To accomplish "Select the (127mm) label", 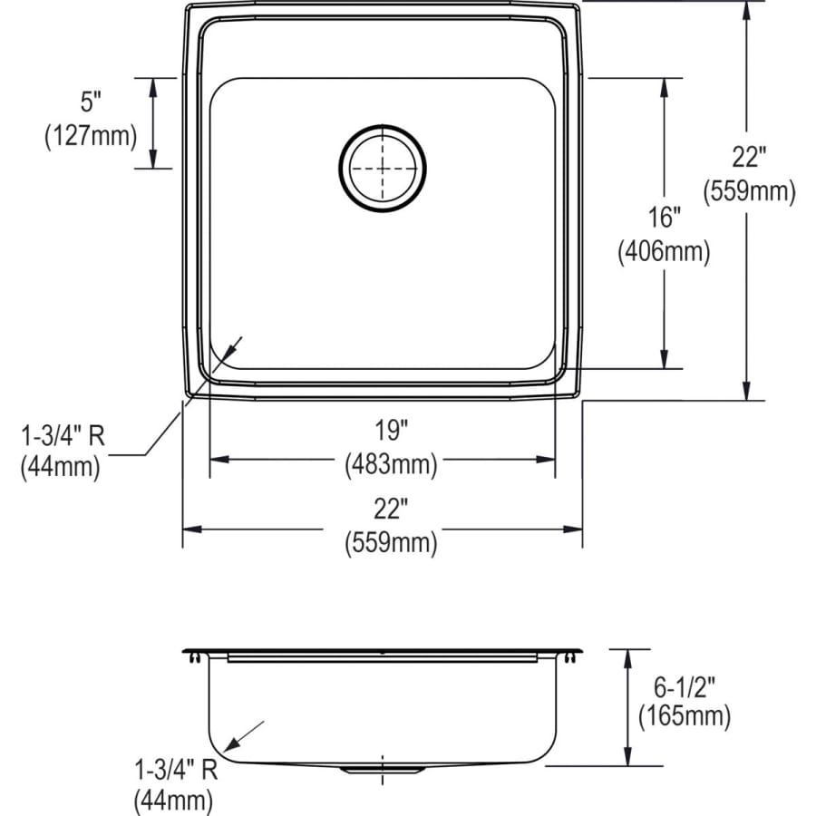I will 91,137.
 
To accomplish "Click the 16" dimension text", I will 663,218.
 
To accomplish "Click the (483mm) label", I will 390,466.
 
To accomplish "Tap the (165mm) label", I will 684,716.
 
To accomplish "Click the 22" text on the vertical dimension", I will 749,158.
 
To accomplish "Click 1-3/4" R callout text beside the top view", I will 63,437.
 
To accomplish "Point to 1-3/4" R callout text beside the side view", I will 175,771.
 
